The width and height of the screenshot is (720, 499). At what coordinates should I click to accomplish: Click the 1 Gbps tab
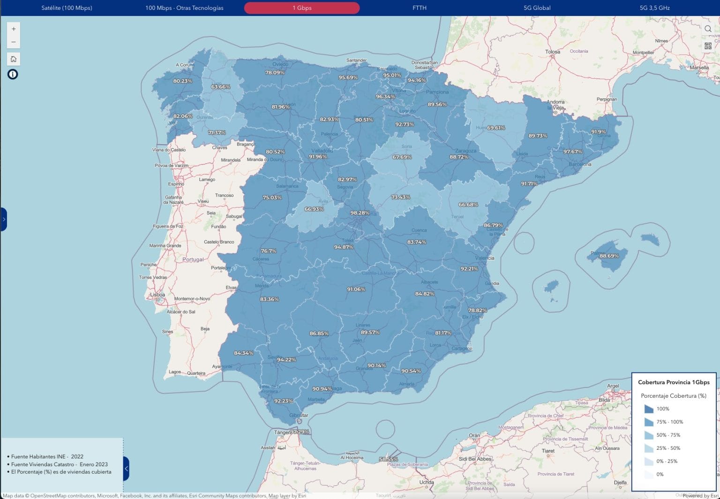coord(302,8)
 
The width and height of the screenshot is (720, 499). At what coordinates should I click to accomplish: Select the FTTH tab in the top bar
coord(419,8)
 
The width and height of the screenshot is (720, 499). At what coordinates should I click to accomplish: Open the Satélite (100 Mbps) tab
coord(67,8)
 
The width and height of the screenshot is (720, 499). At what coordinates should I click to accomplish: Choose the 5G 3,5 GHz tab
coord(654,8)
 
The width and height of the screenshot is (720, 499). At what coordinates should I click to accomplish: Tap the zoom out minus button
coord(14,42)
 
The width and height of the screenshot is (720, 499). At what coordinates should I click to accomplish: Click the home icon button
coord(14,59)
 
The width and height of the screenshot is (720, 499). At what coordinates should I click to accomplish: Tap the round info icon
coord(13,74)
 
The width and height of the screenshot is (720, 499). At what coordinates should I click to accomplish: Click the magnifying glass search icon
coord(708,29)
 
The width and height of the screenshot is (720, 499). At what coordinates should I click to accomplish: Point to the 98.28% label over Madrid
coord(360,213)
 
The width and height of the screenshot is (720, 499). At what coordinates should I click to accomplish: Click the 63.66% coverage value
coord(220,87)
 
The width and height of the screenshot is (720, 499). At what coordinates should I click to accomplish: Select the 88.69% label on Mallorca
coord(609,256)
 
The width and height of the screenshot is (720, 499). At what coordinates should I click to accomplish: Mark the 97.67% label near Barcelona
coord(573,151)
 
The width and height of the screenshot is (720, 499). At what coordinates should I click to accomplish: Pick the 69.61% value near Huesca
coord(495,127)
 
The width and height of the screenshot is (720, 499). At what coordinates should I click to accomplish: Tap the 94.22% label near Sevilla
coord(286,360)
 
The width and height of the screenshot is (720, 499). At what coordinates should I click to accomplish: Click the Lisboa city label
coord(157,295)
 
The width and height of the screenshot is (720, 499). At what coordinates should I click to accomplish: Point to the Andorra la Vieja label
coord(556,104)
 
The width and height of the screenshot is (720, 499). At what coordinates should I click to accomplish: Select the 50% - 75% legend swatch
coord(649,435)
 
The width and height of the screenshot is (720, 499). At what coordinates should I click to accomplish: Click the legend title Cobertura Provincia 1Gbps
coord(674,382)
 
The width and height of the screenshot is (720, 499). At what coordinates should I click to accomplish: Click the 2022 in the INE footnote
coord(77,456)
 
